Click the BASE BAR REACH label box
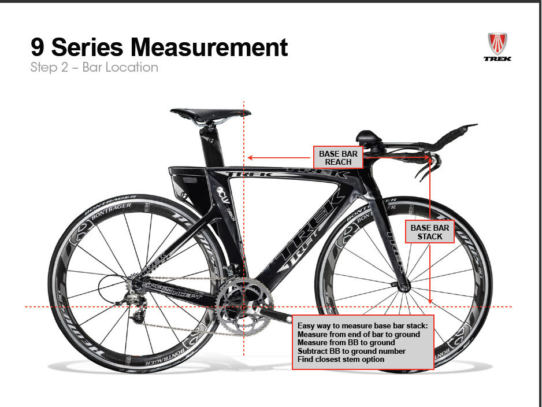pos(338,157)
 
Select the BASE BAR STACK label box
pos(429,232)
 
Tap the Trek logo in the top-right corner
pos(497,47)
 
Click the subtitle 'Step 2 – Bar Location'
pos(94,67)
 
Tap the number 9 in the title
pos(38,46)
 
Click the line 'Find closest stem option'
pos(340,360)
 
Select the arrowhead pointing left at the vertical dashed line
pos(250,157)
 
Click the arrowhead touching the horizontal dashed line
pos(430,302)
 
